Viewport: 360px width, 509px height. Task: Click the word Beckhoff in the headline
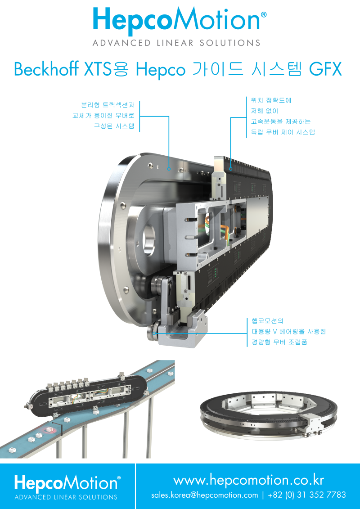click(x=45, y=69)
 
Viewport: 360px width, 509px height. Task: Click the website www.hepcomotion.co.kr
click(x=248, y=480)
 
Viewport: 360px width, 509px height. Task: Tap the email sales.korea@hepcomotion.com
click(x=204, y=495)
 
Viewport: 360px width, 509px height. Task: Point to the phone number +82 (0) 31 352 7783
click(x=307, y=495)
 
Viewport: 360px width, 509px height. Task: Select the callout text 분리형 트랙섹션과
click(x=108, y=105)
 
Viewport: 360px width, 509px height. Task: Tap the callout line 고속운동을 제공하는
click(x=281, y=122)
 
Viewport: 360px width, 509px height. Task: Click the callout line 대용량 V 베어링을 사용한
click(x=288, y=331)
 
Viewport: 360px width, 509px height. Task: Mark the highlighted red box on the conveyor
click(x=49, y=429)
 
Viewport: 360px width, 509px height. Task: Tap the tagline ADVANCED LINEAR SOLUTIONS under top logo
click(x=176, y=43)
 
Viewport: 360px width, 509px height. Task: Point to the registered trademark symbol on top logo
click(x=264, y=15)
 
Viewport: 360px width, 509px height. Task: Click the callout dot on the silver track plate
click(x=169, y=169)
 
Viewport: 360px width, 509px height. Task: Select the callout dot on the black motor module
click(x=230, y=169)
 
